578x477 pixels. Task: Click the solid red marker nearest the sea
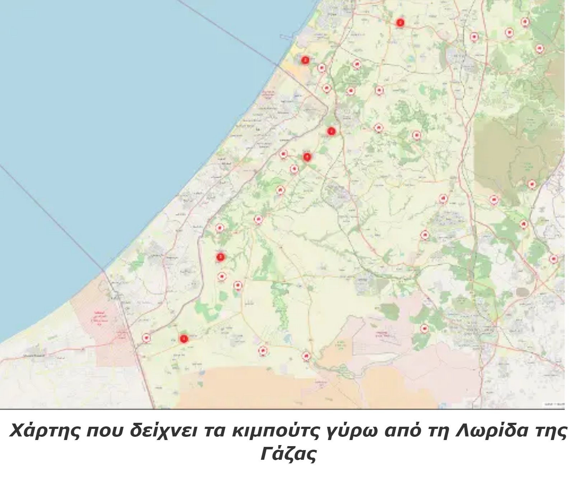(x=305, y=60)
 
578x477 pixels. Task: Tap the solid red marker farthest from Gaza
(x=400, y=23)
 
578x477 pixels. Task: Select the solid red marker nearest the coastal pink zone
(x=184, y=338)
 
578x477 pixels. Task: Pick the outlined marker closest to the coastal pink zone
(x=146, y=338)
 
